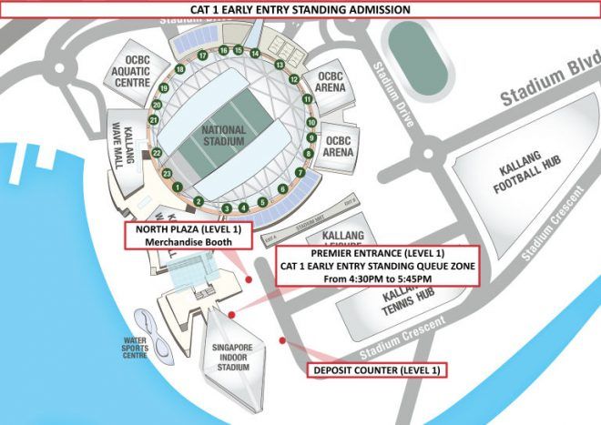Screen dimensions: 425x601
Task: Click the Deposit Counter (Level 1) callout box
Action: pyautogui.click(x=377, y=370)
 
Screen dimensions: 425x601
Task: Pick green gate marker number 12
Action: pyautogui.click(x=295, y=79)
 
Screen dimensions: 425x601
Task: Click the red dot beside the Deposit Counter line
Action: pyautogui.click(x=283, y=339)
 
